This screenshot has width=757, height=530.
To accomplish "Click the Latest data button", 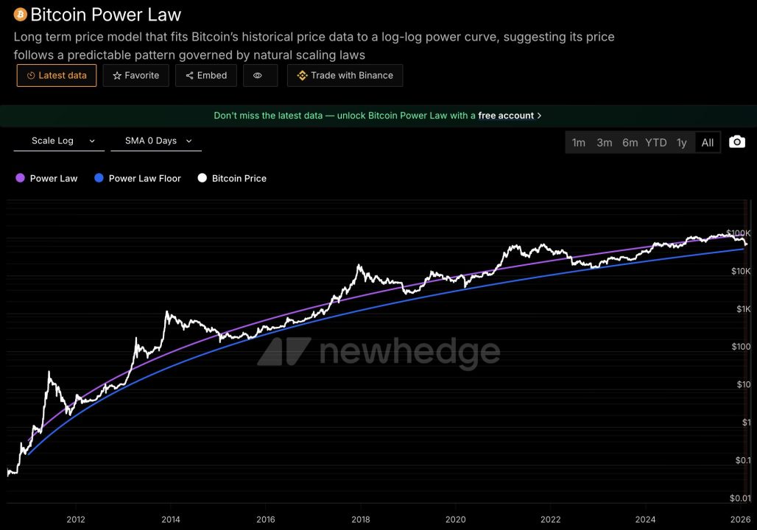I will pyautogui.click(x=57, y=75).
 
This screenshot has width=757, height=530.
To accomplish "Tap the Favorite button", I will pyautogui.click(x=136, y=75).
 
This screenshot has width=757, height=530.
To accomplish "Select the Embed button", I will pyautogui.click(x=206, y=75).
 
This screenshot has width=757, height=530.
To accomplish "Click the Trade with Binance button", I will pyautogui.click(x=345, y=75).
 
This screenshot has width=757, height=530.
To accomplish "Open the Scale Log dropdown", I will pyautogui.click(x=59, y=141).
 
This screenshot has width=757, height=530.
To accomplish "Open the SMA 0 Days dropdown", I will pyautogui.click(x=156, y=141).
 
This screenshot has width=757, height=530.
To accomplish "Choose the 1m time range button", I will pyautogui.click(x=579, y=143).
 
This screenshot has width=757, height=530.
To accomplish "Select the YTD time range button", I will pyautogui.click(x=655, y=143).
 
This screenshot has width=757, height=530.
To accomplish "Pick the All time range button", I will pyautogui.click(x=708, y=143).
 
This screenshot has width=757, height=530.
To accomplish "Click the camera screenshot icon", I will pyautogui.click(x=737, y=142).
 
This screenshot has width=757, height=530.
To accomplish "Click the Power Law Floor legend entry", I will pyautogui.click(x=144, y=178).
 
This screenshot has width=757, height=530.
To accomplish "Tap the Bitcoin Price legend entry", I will pyautogui.click(x=239, y=178).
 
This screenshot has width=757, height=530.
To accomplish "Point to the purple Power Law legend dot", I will pyautogui.click(x=20, y=178).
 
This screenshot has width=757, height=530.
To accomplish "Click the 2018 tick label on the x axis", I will pyautogui.click(x=361, y=519).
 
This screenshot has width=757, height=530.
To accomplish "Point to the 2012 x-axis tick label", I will pyautogui.click(x=75, y=519).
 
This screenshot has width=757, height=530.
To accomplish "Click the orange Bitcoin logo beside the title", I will pyautogui.click(x=20, y=15).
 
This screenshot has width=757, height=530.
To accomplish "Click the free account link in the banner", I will pyautogui.click(x=506, y=116).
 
